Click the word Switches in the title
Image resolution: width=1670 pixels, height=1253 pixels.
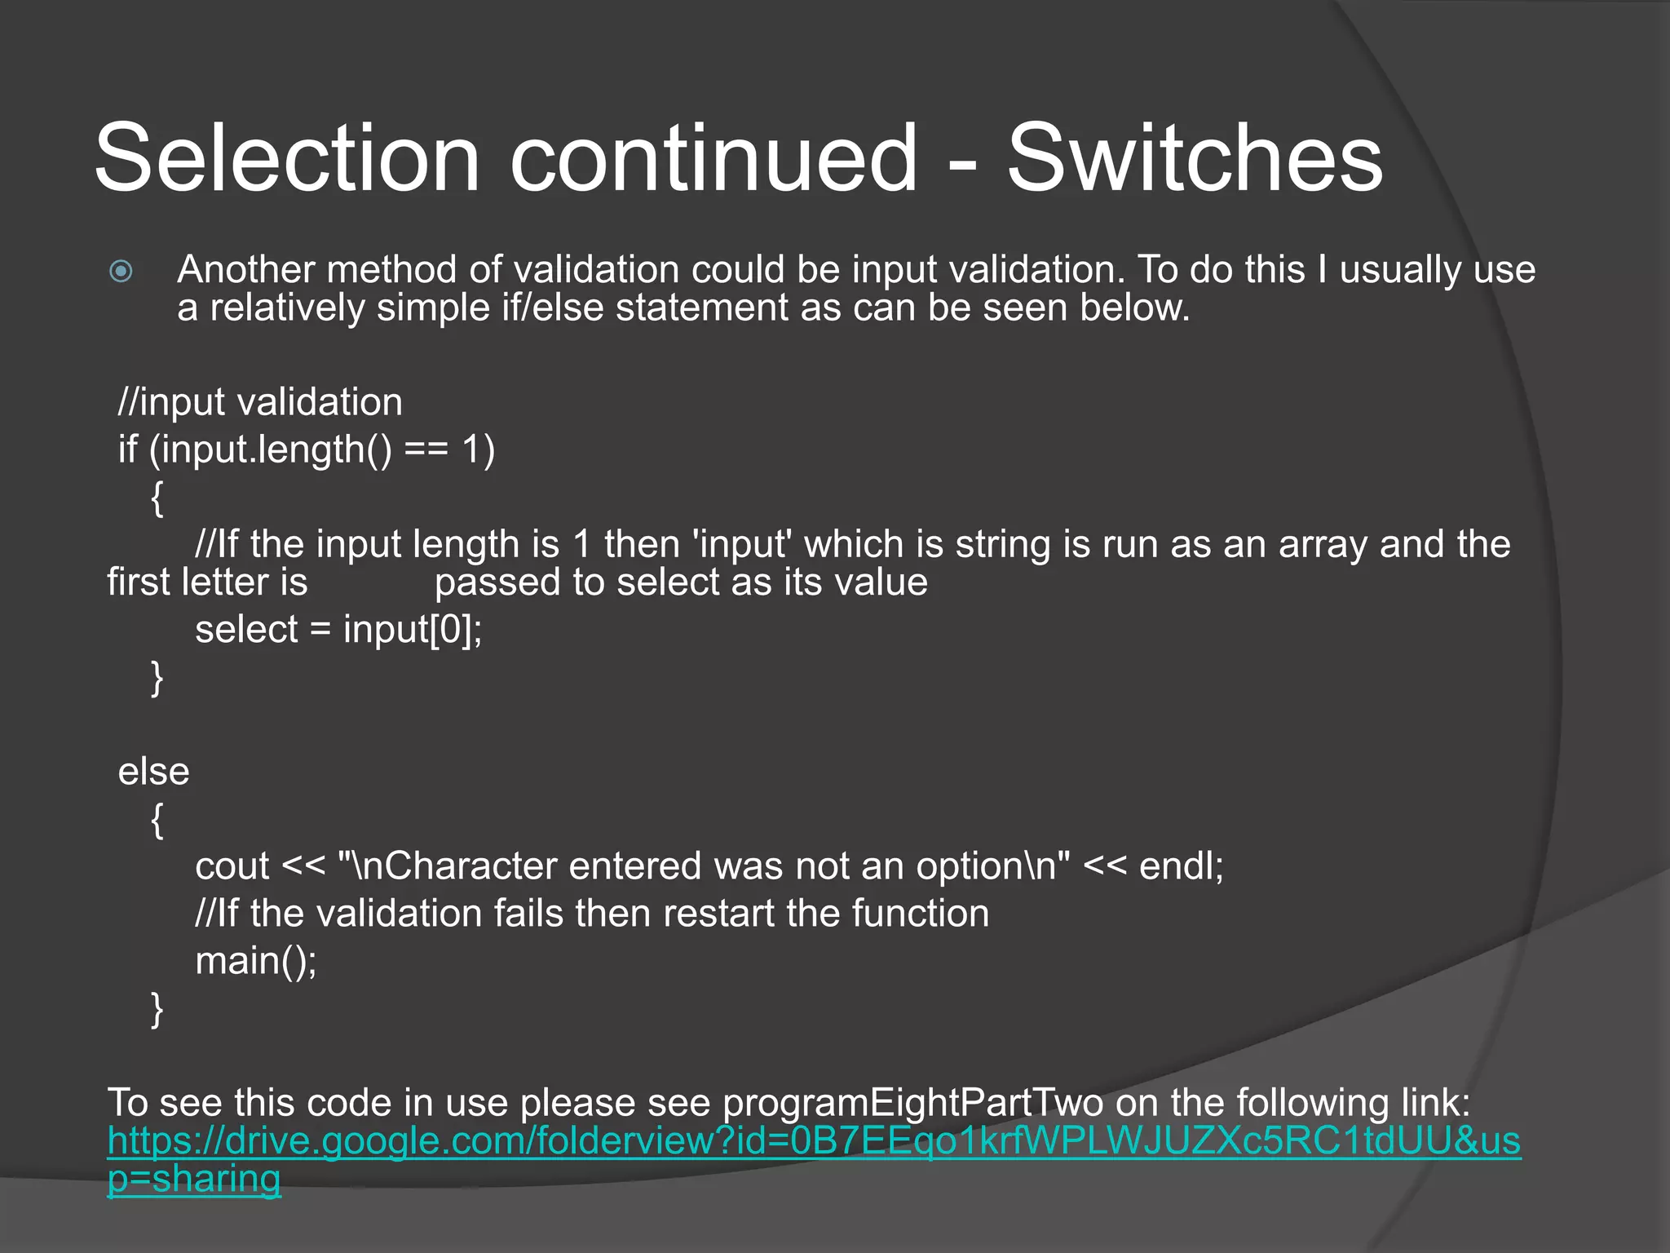click(x=1195, y=158)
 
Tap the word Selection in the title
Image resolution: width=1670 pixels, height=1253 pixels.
click(x=287, y=158)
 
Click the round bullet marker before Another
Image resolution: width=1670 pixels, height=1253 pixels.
click(x=121, y=271)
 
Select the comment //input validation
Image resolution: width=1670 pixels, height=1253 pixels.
click(x=260, y=402)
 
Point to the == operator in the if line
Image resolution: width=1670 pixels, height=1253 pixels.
click(x=426, y=449)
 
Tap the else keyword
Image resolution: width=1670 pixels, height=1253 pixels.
click(x=153, y=772)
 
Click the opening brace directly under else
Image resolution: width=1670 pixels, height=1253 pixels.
click(x=157, y=819)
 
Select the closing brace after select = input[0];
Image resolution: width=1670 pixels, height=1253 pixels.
click(x=157, y=678)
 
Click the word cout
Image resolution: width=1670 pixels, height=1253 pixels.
click(x=232, y=866)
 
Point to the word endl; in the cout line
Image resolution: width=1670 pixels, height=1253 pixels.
click(x=1181, y=866)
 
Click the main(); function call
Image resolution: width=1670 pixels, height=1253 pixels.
click(x=256, y=961)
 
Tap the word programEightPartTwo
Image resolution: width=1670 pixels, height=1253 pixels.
click(x=912, y=1103)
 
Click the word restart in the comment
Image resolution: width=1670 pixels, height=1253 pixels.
click(x=718, y=914)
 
